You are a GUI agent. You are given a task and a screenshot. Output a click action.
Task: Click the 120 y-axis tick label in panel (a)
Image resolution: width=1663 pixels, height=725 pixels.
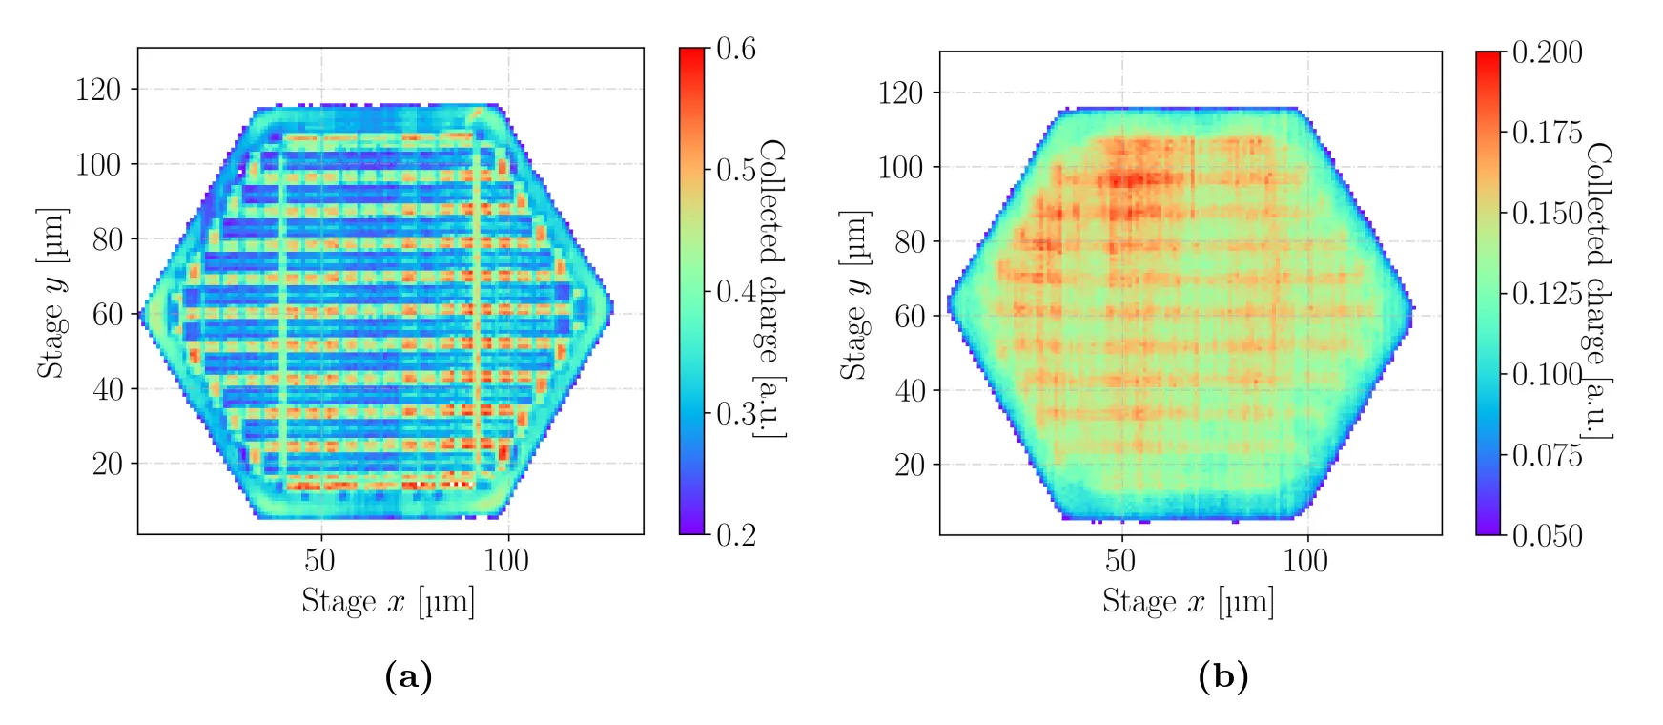(x=99, y=90)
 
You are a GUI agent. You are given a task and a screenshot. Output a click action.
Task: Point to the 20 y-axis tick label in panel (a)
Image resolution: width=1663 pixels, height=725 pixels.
(x=108, y=464)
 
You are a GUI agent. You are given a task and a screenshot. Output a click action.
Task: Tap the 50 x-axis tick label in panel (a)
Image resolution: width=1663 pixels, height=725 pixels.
(x=319, y=560)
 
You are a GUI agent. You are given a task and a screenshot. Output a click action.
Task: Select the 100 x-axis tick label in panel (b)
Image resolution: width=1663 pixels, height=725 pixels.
(x=1305, y=561)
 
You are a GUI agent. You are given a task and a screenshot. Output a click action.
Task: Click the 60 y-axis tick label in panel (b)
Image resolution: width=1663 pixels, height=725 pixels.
(x=910, y=316)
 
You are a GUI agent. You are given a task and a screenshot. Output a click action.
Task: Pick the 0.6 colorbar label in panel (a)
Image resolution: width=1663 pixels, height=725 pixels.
(x=736, y=49)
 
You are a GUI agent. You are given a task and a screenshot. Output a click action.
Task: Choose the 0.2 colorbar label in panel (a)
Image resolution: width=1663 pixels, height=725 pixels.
(x=736, y=534)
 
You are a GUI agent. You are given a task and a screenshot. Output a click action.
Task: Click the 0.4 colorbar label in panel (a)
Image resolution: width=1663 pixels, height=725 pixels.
(x=736, y=291)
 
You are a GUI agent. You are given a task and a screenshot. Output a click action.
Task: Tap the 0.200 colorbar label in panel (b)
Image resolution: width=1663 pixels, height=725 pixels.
(x=1548, y=52)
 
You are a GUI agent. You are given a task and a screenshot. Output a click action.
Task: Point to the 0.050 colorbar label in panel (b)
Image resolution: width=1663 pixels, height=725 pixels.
(x=1548, y=535)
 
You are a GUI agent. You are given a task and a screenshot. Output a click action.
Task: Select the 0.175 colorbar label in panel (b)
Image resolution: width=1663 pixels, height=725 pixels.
(x=1548, y=133)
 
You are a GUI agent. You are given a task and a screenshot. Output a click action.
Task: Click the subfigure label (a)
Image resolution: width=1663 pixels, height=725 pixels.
(x=408, y=676)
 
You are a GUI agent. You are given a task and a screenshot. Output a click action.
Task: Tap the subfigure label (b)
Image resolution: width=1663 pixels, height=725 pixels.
(x=1222, y=676)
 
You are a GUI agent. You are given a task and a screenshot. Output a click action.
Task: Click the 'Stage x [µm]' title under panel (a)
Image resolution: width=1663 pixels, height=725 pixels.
(x=388, y=602)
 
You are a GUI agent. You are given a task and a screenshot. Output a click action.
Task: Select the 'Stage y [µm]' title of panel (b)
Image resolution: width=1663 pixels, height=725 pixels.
(x=854, y=295)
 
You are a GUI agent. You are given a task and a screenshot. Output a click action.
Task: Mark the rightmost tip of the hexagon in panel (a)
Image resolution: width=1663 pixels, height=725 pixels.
(x=612, y=308)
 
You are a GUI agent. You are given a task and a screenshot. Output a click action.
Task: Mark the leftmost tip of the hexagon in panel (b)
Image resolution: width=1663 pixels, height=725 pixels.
(x=949, y=307)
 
